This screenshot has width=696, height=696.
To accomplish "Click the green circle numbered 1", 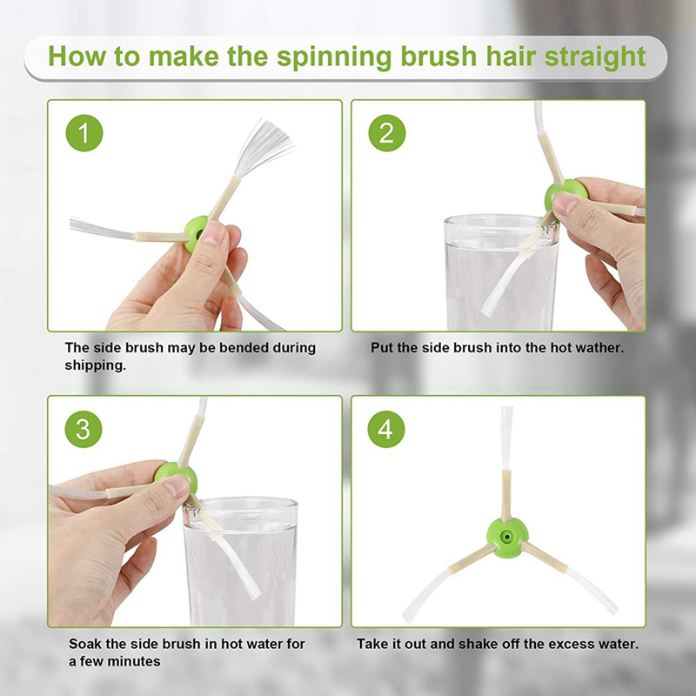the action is click(x=84, y=133).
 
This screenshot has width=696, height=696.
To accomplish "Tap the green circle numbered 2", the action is click(x=387, y=133).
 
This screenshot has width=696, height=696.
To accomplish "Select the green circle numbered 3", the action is click(x=84, y=429).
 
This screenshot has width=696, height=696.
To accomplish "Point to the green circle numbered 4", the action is click(x=386, y=429).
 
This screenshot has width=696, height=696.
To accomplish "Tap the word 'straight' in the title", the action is click(x=595, y=57).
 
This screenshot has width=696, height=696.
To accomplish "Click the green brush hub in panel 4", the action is click(x=507, y=538).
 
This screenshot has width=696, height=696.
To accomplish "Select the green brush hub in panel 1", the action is click(x=195, y=232).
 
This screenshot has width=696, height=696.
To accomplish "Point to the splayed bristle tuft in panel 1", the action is click(x=263, y=146).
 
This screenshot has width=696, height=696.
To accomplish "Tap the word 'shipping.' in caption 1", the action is click(x=96, y=365).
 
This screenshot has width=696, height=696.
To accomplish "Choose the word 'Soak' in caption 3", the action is click(x=84, y=644).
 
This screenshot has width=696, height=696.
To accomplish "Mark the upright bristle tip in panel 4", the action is click(x=506, y=438).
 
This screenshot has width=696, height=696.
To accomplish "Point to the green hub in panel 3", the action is click(x=176, y=476).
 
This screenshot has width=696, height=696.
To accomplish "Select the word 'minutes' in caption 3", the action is click(x=137, y=661).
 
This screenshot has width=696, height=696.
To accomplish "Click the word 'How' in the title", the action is click(x=77, y=57).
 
